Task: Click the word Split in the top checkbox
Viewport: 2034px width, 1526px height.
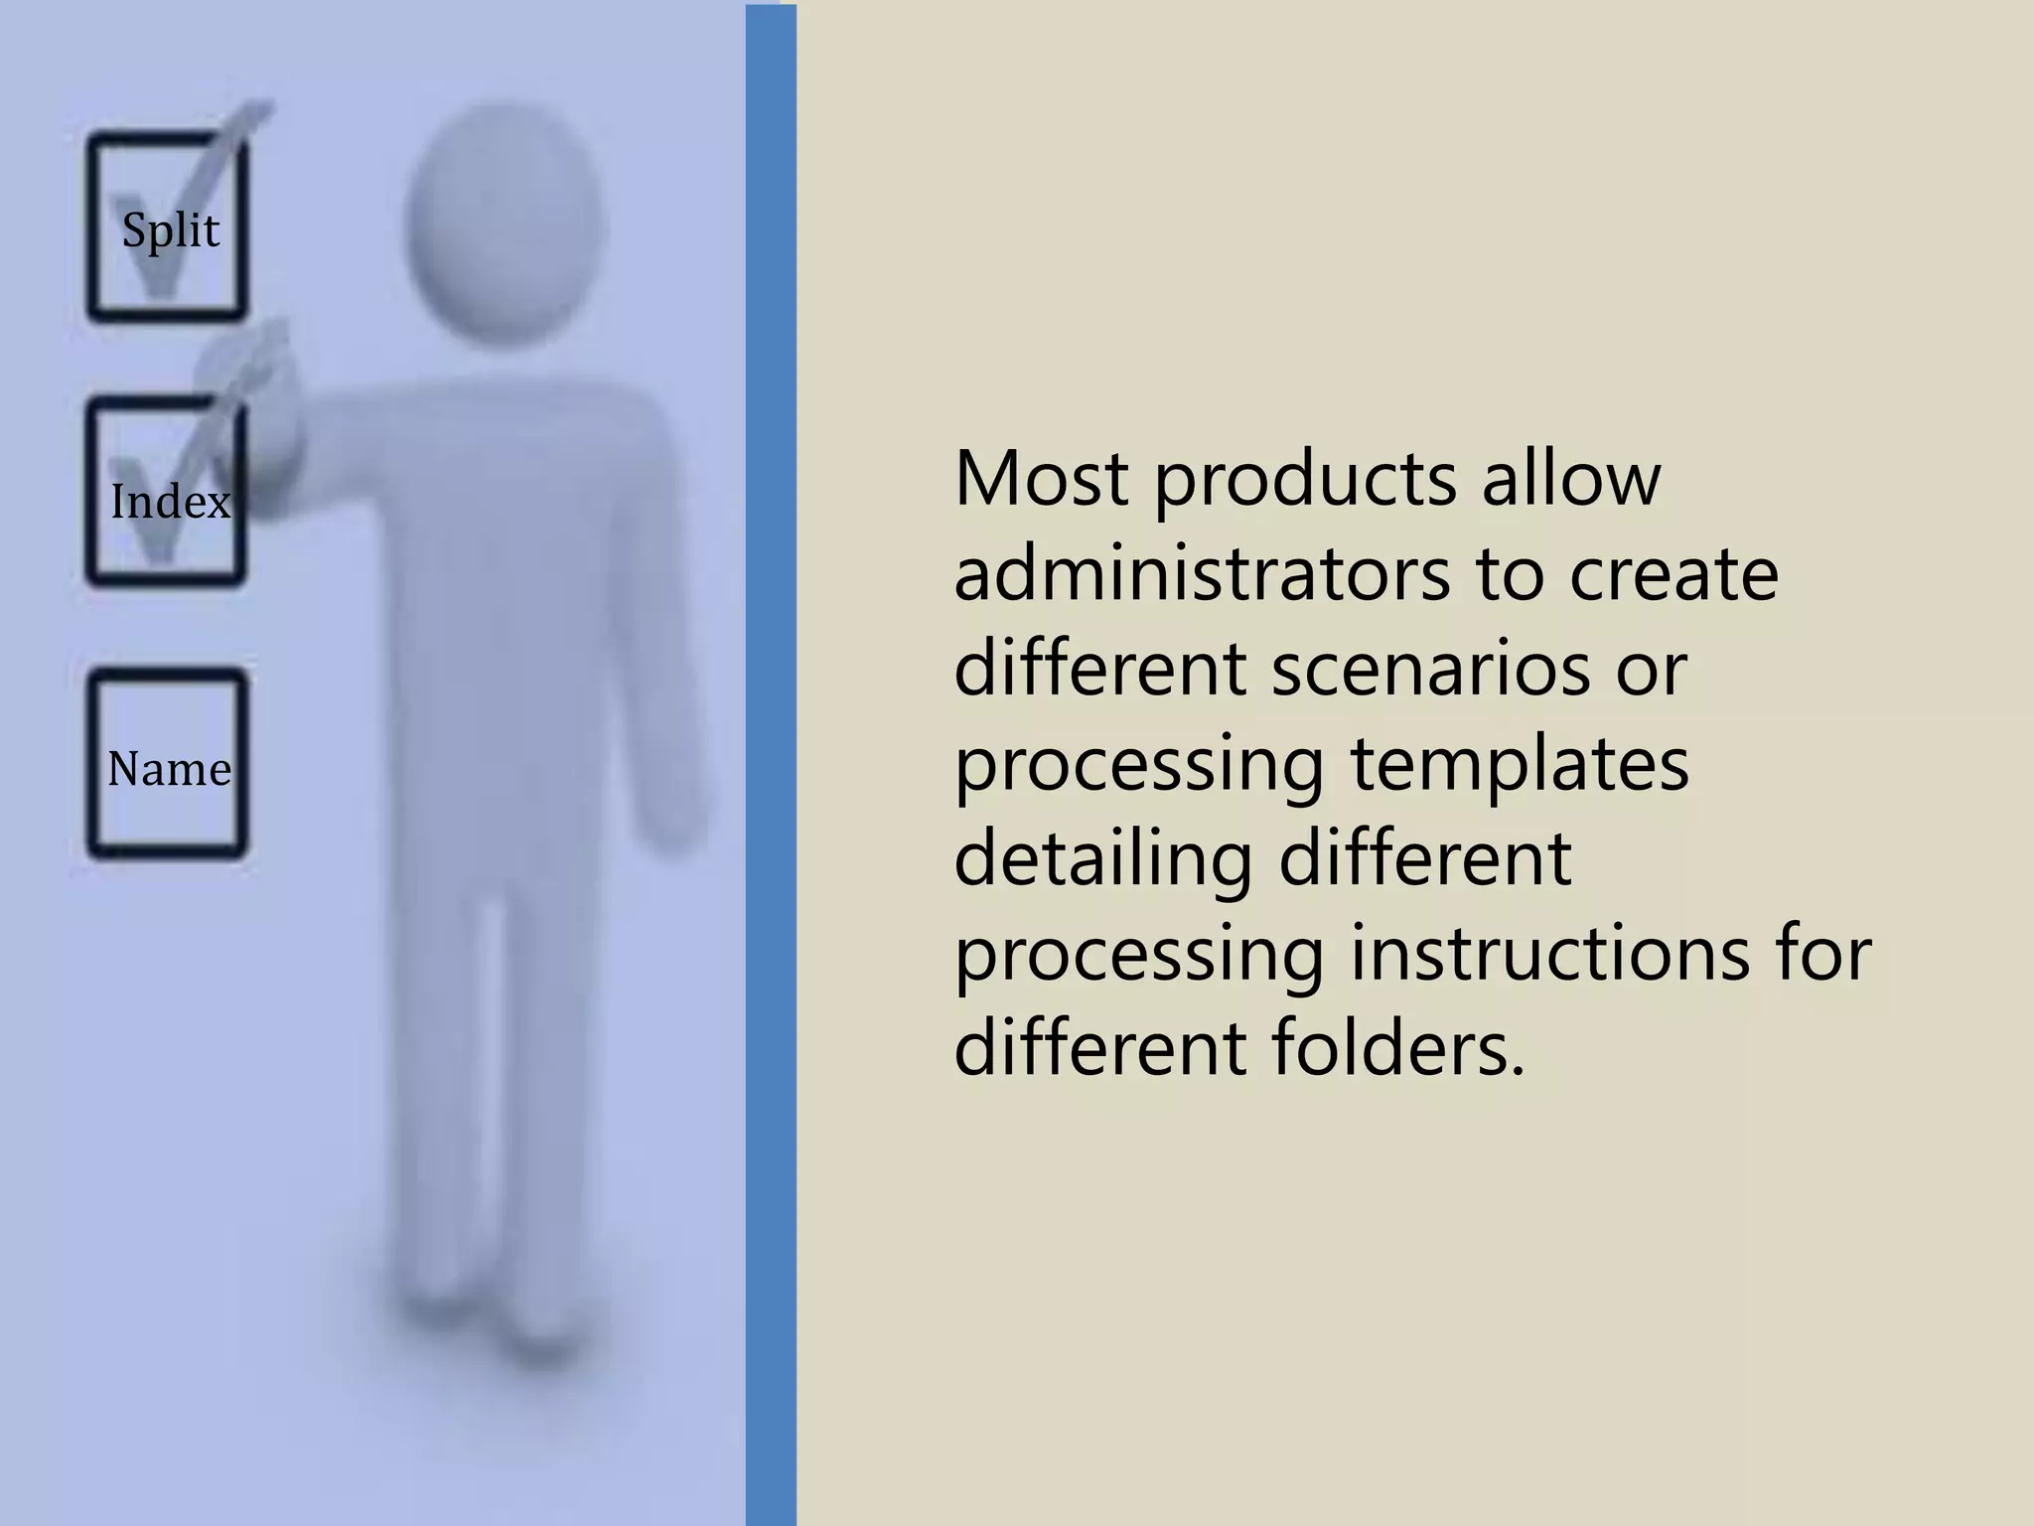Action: coord(170,231)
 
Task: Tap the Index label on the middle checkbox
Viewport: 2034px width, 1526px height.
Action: coord(170,502)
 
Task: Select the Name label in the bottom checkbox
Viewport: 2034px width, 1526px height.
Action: coord(169,769)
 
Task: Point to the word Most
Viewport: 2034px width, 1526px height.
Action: coord(1040,479)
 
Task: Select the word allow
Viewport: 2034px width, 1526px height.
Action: coord(1570,479)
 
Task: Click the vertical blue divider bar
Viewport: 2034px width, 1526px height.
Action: coord(771,763)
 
